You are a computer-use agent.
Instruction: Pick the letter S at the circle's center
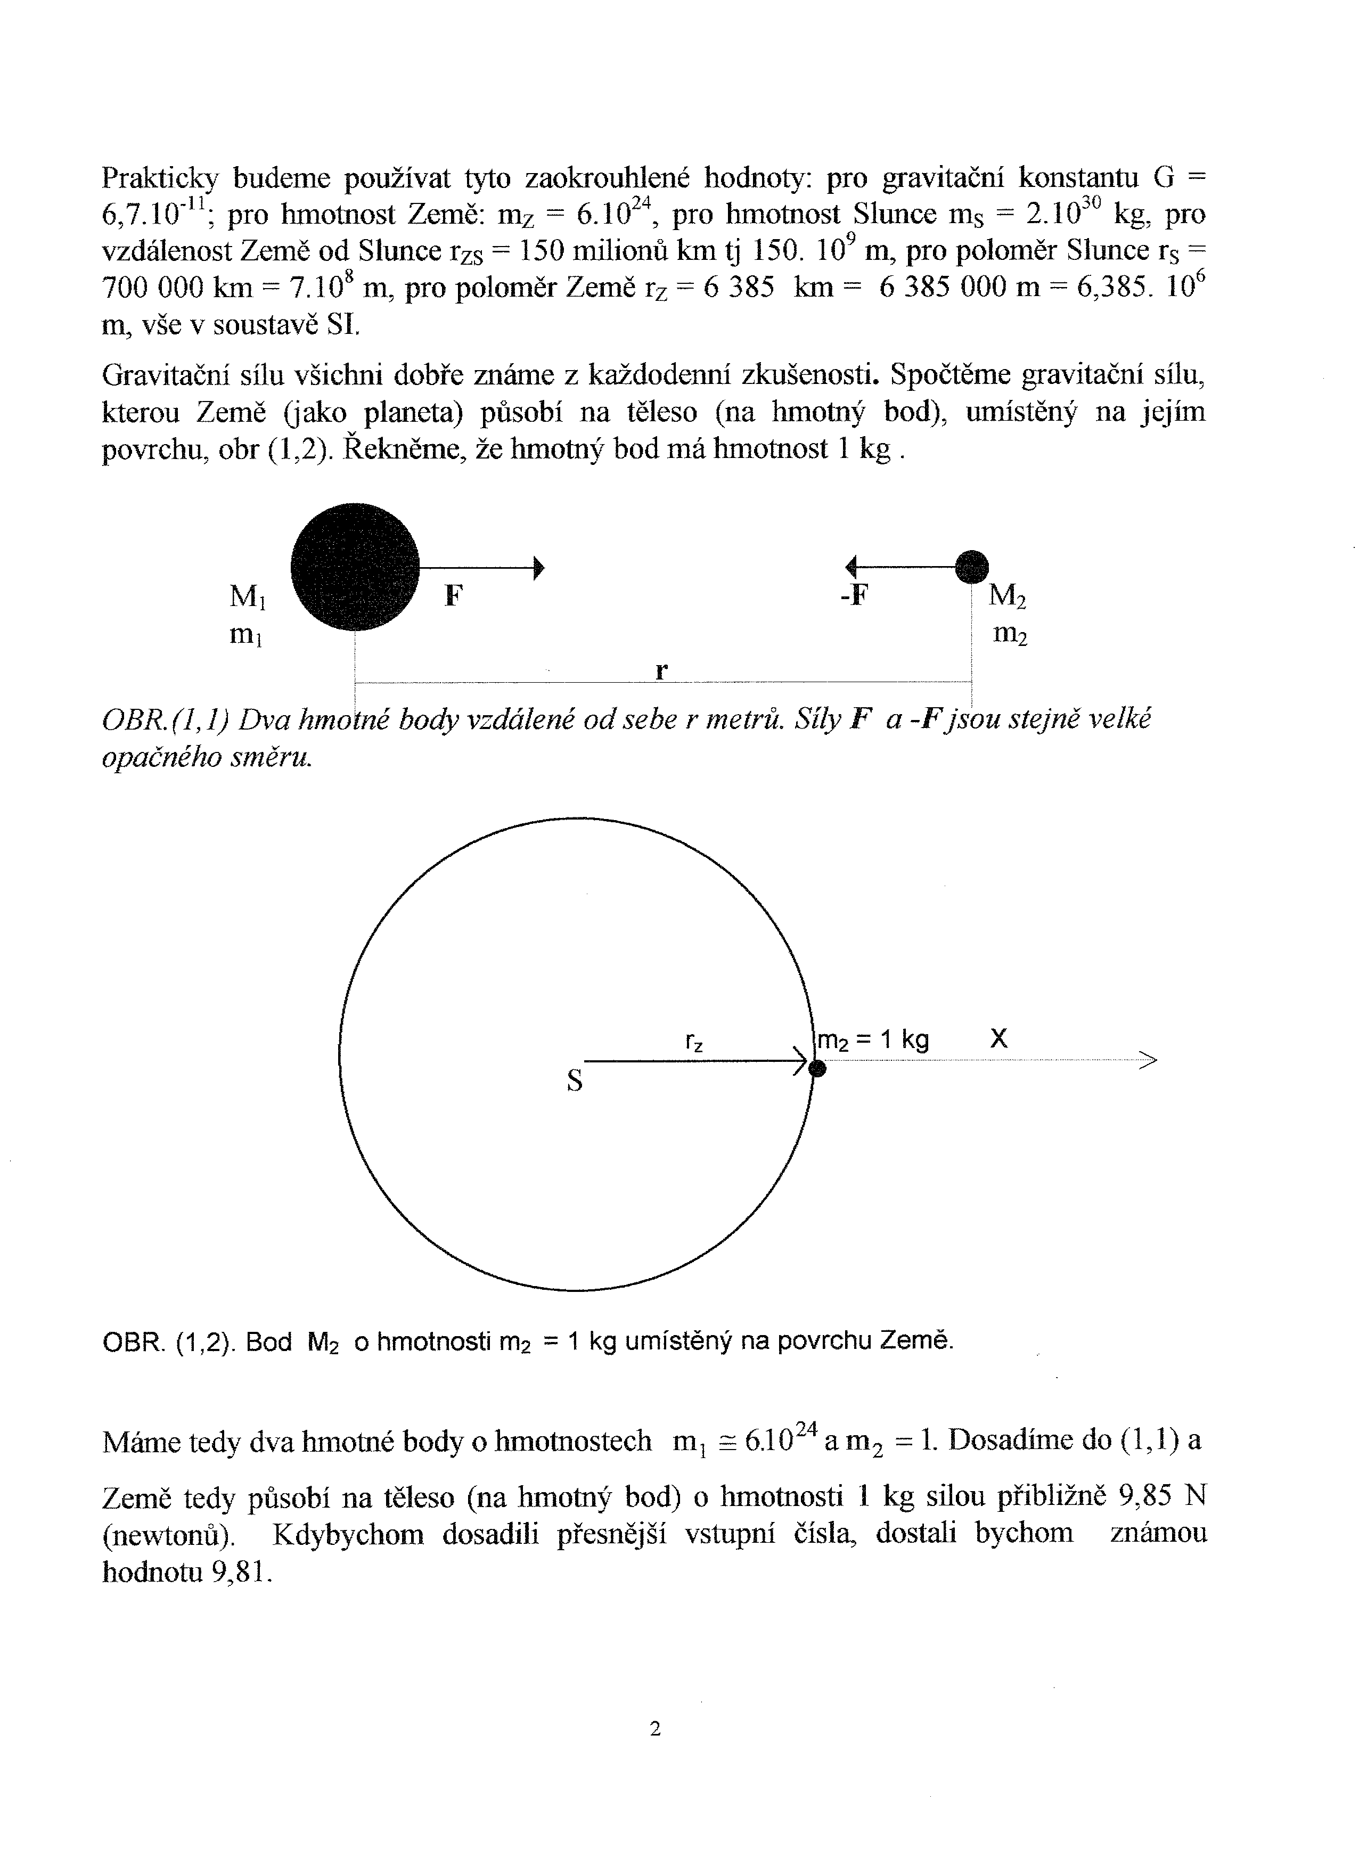(x=575, y=1081)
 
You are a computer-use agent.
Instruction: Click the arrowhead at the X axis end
(x=1149, y=1060)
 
